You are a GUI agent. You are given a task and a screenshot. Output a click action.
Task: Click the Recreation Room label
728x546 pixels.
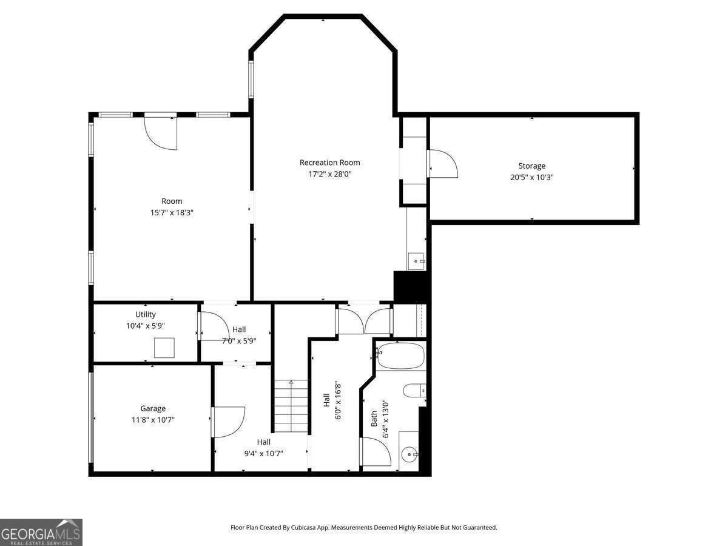(x=329, y=163)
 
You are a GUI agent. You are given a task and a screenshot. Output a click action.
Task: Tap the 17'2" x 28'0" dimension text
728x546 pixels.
(x=329, y=174)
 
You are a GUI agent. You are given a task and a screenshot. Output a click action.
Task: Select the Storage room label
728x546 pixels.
(x=531, y=166)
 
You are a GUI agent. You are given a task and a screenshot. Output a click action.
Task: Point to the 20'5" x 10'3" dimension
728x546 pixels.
(x=531, y=177)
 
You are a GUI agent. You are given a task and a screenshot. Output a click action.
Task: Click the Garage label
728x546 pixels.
(x=152, y=408)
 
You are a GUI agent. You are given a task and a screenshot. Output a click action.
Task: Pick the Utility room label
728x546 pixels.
(x=145, y=314)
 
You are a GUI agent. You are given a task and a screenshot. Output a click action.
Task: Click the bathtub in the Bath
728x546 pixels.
(x=401, y=356)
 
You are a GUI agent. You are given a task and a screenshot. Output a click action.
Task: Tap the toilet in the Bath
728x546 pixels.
(x=414, y=391)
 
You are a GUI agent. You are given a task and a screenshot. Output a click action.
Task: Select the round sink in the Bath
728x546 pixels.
(x=409, y=454)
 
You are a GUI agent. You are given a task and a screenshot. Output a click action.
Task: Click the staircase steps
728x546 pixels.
(x=291, y=406)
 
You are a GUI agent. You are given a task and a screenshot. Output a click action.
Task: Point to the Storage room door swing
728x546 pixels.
(x=443, y=163)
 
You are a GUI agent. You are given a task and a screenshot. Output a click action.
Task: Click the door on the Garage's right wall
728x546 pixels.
(x=229, y=422)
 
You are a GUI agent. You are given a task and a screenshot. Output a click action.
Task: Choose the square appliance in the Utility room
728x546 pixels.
(x=164, y=348)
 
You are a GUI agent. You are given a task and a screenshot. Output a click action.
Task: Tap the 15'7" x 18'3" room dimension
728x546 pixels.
(x=172, y=212)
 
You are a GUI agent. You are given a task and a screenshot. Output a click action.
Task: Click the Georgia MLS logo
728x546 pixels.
(x=41, y=532)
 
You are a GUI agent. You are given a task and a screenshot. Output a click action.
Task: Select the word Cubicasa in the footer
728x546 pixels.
(x=303, y=527)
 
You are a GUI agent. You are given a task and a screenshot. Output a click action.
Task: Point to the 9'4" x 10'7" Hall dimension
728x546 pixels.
(x=264, y=454)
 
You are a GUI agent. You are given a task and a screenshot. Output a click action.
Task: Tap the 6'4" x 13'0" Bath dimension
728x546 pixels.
(x=385, y=419)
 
